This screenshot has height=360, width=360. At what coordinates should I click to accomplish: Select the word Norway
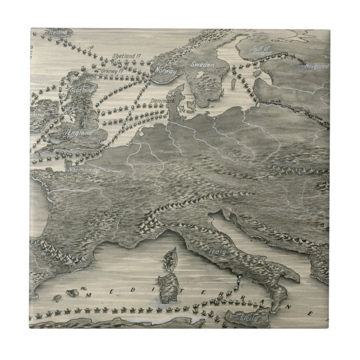click(165, 72)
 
